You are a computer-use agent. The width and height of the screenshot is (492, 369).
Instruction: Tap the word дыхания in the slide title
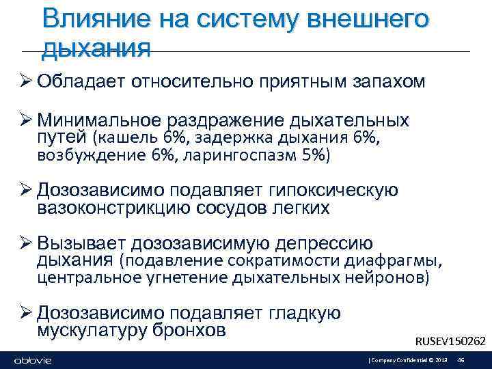coord(96,48)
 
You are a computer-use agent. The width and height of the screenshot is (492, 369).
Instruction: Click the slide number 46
coord(461,360)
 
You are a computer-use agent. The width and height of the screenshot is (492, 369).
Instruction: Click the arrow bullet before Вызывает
coord(26,243)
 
